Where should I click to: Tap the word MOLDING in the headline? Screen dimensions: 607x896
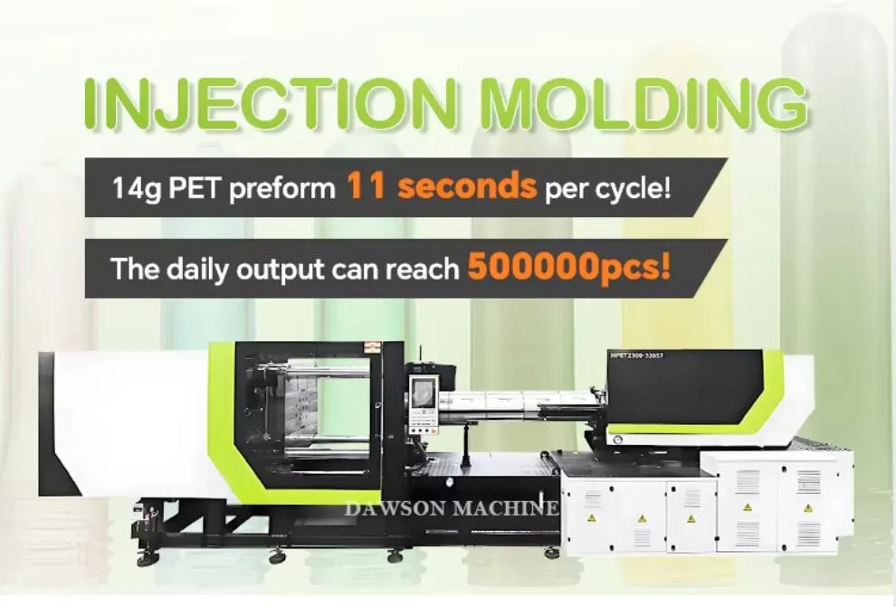642,106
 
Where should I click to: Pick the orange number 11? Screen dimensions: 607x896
367,187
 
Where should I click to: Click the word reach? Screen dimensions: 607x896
424,269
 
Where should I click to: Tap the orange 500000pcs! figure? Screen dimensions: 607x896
569,268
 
